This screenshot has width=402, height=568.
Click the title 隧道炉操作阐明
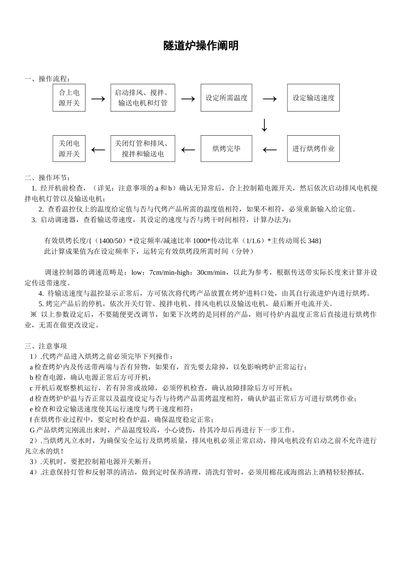pos(201,46)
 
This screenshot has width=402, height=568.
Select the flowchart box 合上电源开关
pos(69,98)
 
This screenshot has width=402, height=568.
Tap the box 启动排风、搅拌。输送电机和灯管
pos(143,98)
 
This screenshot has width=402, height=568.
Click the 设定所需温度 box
pos(226,98)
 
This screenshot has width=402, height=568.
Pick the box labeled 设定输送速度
pos(313,98)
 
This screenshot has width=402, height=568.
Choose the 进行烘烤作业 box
pos(313,149)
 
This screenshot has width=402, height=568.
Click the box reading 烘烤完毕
pos(226,149)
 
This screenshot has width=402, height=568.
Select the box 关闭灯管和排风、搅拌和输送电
pos(143,149)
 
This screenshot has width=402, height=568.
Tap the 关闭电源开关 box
pos(69,149)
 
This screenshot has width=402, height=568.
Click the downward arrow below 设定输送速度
pos(264,125)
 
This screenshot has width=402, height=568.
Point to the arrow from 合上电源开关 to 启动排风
pos(98,98)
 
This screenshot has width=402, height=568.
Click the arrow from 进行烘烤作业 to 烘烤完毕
pos(270,150)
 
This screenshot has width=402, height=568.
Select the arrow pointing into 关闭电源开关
pos(98,150)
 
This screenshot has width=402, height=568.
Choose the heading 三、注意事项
pos(46,346)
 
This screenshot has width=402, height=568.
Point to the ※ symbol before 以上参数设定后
pos(33,314)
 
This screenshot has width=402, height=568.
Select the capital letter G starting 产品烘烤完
pos(32,430)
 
